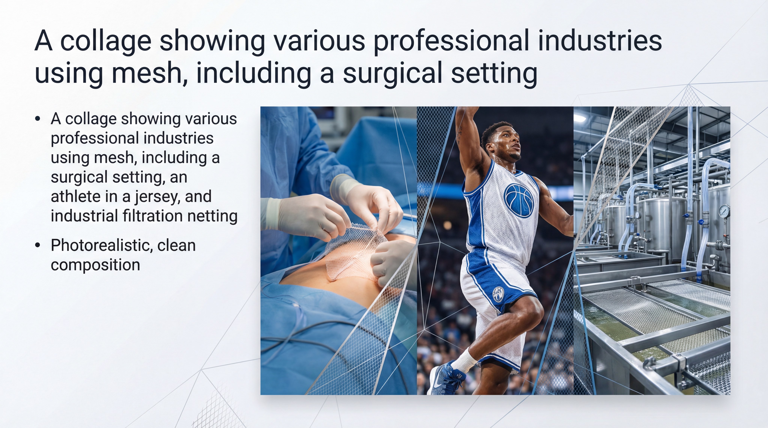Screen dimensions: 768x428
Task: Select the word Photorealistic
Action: coord(102,246)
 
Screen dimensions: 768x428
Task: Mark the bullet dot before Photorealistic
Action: coord(37,246)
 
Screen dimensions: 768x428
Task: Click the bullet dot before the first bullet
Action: coord(37,119)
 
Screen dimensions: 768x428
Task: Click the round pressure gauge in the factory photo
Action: coord(724,211)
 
